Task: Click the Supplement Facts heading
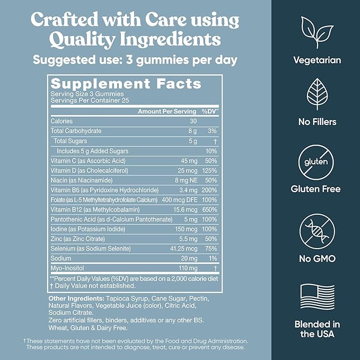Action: tap(126, 84)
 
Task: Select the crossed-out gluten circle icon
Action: tap(318, 160)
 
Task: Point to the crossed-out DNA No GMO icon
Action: tap(318, 228)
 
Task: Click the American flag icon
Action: tap(318, 296)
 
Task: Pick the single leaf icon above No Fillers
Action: tap(318, 94)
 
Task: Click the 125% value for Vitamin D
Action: tap(208, 171)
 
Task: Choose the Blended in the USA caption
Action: tap(318, 329)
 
